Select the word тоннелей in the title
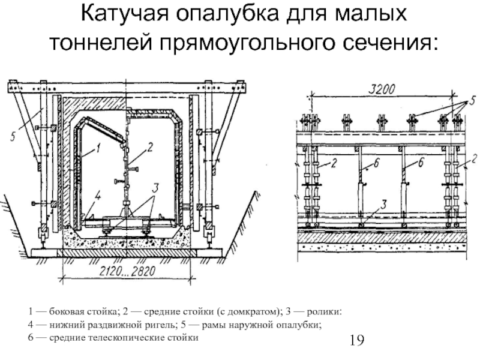pos(101,43)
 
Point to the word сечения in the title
pos(391,43)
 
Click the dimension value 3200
pos(382,89)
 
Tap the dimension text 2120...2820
pos(127,271)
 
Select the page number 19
pos(356,340)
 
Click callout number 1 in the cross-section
pos(98,149)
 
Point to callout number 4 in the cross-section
pos(98,196)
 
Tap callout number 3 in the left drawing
pos(155,188)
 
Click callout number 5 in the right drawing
pos(472,100)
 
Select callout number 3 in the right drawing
pos(384,205)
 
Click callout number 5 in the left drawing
pos(13,137)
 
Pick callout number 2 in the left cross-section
pos(149,148)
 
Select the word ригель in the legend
pos(163,325)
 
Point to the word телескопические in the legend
pos(128,338)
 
